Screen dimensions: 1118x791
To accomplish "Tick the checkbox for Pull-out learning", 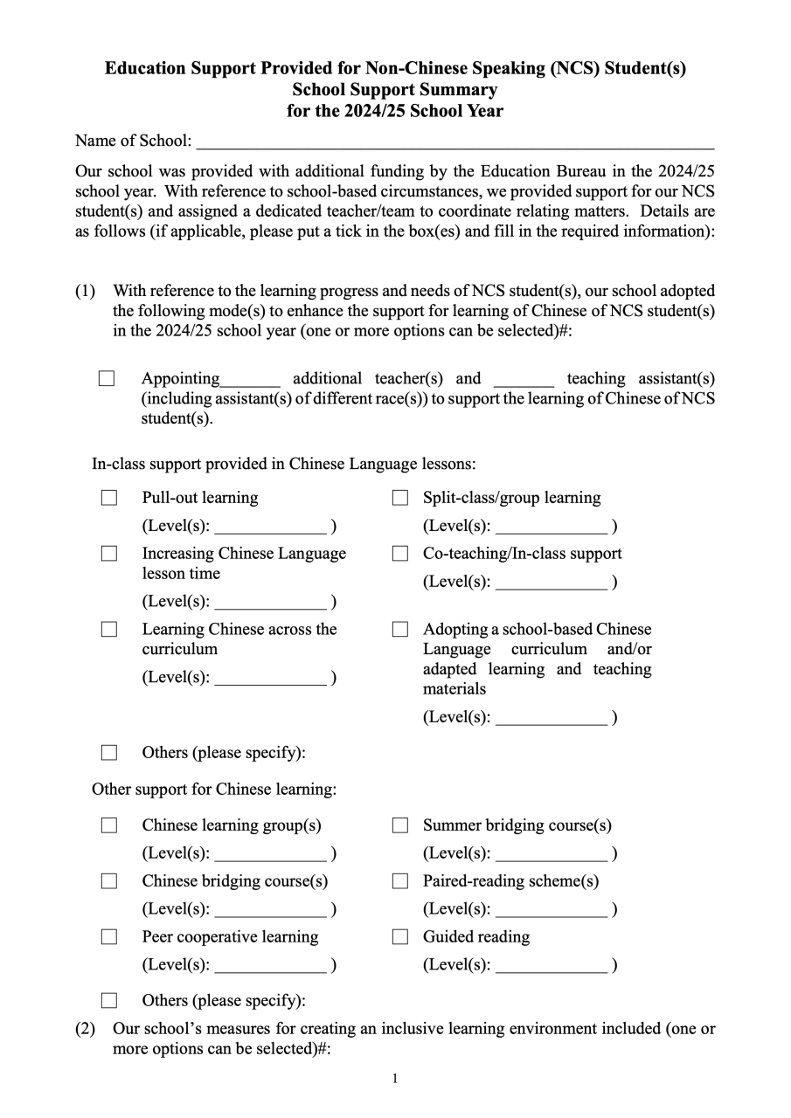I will pos(109,498).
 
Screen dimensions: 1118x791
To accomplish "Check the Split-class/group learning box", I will pos(400,498).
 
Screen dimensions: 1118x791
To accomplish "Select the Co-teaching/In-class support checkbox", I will pos(400,554).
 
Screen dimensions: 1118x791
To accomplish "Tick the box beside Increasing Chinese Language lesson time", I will pos(109,554).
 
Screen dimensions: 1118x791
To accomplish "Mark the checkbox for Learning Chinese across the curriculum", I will pos(109,630).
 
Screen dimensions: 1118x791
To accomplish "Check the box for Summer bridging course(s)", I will pos(400,825).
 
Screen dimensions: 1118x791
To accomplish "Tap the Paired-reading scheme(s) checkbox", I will pos(400,881).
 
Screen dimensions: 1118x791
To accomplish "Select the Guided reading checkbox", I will pos(400,937).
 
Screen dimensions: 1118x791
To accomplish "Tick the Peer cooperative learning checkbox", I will pos(109,937).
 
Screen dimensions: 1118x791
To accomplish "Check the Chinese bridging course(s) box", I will pos(109,881).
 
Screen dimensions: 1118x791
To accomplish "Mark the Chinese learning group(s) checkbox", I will pos(109,825).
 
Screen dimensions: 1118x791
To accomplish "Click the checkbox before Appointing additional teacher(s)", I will pos(107,379).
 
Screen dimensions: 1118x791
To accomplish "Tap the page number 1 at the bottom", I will pos(395,1079).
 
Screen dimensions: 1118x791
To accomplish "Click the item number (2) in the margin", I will pos(85,1029).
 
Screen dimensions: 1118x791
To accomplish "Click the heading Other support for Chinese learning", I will pos(214,790).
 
